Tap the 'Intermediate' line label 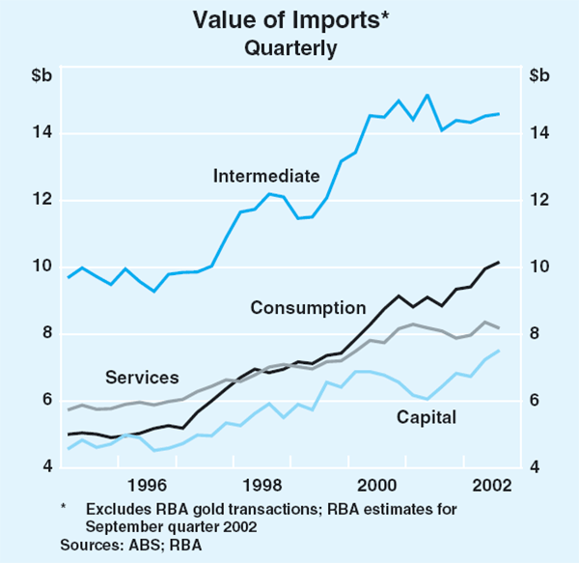pos(266,176)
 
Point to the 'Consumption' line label pos(308,308)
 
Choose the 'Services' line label pos(142,377)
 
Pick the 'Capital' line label pos(426,417)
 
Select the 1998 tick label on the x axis pos(262,485)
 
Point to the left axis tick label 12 pos(42,201)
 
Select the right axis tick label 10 pos(538,267)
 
